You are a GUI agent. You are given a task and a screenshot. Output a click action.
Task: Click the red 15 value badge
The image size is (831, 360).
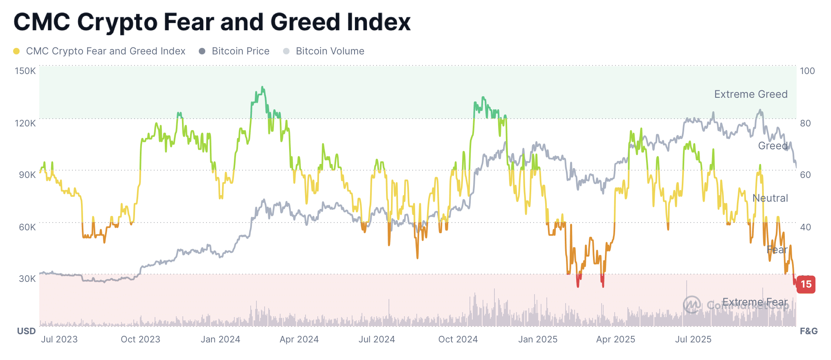click(806, 284)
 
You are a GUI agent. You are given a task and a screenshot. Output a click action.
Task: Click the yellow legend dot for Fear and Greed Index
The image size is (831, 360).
click(16, 51)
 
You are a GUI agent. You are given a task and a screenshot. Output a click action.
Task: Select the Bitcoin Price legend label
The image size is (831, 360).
click(240, 51)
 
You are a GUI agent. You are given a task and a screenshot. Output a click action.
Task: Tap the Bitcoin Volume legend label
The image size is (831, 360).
click(330, 51)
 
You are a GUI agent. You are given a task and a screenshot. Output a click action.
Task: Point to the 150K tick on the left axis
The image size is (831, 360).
click(25, 71)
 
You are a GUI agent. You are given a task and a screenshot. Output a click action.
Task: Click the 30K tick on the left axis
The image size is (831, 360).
click(27, 279)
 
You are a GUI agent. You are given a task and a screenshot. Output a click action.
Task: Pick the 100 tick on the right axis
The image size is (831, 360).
click(807, 71)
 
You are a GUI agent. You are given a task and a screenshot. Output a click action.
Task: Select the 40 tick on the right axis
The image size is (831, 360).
click(805, 227)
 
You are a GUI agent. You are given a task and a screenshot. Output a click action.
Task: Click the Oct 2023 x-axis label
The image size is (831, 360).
click(140, 339)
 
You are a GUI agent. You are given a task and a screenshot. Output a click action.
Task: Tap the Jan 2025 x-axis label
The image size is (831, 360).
click(538, 339)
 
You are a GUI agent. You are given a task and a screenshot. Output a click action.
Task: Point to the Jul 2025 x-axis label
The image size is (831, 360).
click(693, 339)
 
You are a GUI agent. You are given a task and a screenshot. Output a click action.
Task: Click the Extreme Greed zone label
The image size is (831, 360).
click(751, 94)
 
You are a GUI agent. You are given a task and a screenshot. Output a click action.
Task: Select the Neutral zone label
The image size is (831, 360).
click(770, 198)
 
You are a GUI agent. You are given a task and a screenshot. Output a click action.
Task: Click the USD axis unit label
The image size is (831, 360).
click(26, 331)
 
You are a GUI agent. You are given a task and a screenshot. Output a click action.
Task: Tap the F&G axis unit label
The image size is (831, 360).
click(809, 331)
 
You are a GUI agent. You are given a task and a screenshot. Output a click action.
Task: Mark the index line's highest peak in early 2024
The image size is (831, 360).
click(262, 87)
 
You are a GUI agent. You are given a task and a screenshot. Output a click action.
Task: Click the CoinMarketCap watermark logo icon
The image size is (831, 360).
click(692, 305)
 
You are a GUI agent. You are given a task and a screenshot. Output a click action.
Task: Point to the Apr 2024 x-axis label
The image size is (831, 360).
click(299, 339)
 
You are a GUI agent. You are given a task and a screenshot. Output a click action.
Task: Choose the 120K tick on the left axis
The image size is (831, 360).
click(25, 123)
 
